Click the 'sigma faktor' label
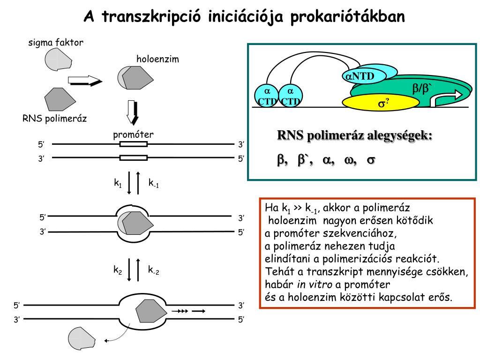pos(56,43)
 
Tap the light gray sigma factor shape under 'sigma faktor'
pos(58,59)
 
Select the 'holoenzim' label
pos(158,60)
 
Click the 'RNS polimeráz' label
pos(55,118)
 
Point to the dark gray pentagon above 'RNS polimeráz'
pos(60,99)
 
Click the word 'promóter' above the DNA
pos(133,135)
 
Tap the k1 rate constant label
pos(118,183)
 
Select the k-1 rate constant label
pos(154,183)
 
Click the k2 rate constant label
pos(118,270)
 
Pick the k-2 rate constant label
pos(154,270)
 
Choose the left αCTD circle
pos(265,96)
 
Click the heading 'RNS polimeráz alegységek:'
pos(355,136)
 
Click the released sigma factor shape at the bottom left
pos(81,338)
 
